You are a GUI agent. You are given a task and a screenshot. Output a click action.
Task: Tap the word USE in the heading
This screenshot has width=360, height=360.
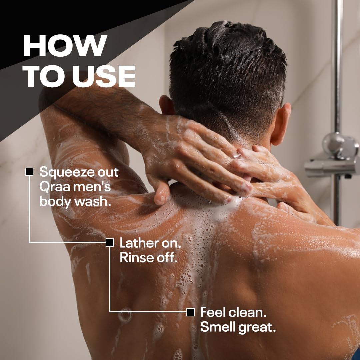(x=104, y=76)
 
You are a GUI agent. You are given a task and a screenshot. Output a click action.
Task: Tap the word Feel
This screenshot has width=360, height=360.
(x=213, y=312)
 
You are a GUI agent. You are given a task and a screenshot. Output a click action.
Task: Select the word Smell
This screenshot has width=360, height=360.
(x=218, y=327)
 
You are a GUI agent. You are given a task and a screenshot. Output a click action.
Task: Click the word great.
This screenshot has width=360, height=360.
(x=257, y=328)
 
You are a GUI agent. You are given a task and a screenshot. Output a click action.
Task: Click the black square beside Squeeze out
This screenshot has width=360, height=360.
(x=29, y=172)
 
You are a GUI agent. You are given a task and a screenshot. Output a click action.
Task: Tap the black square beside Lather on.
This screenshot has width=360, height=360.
(x=110, y=242)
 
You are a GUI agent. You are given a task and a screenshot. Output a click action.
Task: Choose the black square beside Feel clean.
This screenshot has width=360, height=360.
(x=191, y=312)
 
